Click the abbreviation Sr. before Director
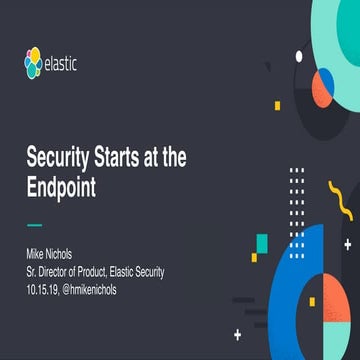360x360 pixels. [x=32, y=268]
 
